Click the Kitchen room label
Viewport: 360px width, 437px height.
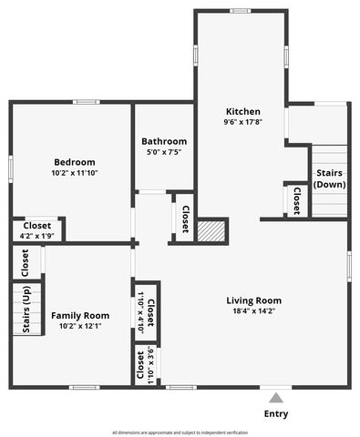(243, 110)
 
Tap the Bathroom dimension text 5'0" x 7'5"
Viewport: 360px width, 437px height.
(164, 153)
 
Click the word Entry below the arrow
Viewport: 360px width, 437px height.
(276, 414)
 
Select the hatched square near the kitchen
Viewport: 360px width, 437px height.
(211, 229)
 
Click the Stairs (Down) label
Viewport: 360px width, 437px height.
(329, 178)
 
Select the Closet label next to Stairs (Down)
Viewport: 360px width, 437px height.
(297, 201)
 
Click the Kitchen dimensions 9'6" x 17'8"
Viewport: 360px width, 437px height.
(243, 122)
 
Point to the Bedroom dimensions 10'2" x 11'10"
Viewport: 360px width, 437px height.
(74, 172)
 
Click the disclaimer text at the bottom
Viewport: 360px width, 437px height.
(180, 432)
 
